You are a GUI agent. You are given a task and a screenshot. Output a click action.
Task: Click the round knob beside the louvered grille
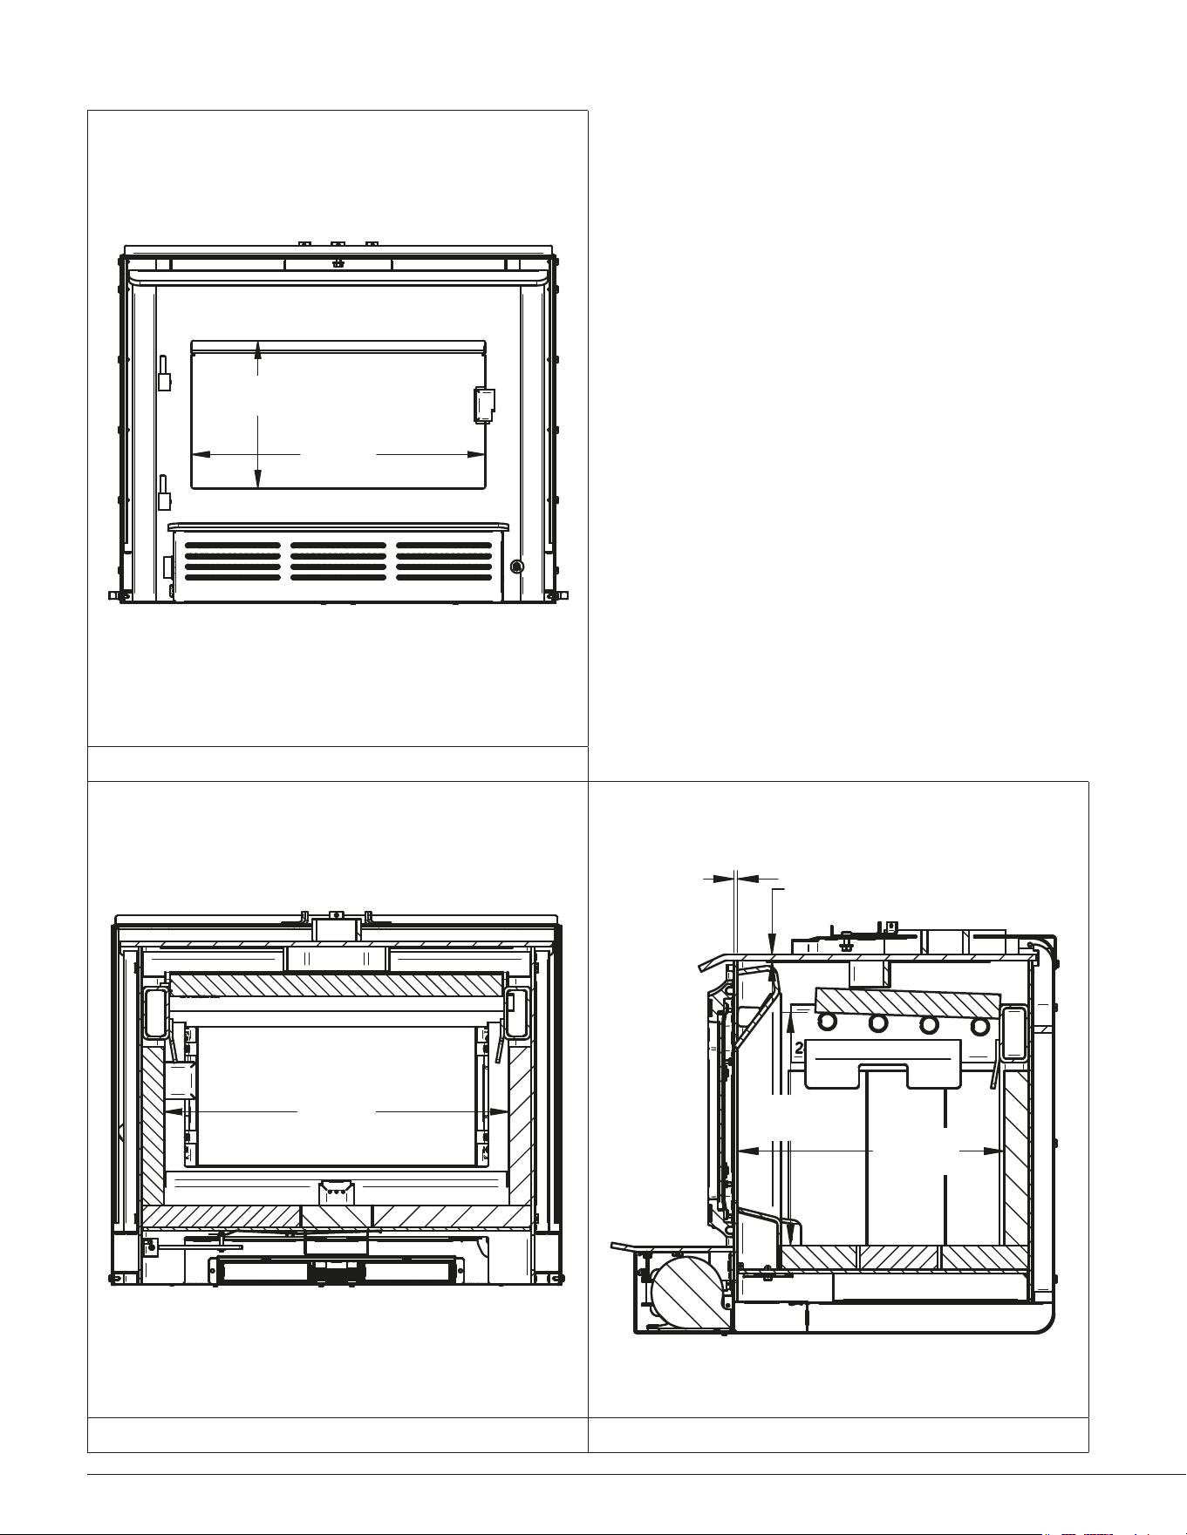[516, 567]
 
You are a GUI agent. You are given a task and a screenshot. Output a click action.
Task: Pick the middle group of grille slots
[338, 561]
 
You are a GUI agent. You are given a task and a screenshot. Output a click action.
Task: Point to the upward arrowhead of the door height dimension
[257, 350]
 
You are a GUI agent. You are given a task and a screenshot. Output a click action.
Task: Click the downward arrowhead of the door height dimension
[257, 479]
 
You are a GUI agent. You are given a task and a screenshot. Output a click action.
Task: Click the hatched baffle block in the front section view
[337, 985]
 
